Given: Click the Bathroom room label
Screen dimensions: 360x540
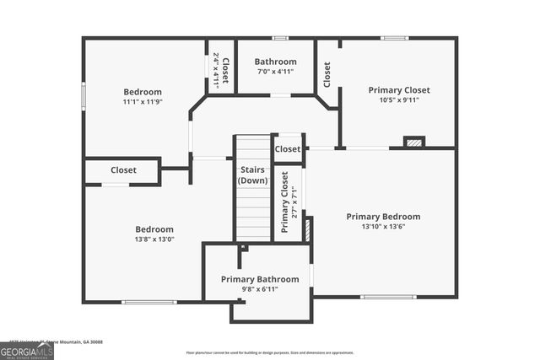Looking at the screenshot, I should pos(276,62).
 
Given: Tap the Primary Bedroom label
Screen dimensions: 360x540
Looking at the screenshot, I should pos(383,217).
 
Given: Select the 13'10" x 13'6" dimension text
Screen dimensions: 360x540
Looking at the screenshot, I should pos(383,227).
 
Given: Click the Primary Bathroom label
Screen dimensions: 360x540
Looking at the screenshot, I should pos(260,279).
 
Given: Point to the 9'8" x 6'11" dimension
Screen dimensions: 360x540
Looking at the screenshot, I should pos(260,289).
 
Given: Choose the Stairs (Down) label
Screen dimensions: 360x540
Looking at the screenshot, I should pos(252,175).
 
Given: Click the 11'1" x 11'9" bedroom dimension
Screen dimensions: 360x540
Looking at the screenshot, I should pos(143,102).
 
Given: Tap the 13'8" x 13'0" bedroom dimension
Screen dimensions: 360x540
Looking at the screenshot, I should pos(154,239).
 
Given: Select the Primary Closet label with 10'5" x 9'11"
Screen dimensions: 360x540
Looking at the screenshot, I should pos(399,89).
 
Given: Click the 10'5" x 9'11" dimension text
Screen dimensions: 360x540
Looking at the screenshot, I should pos(399,99).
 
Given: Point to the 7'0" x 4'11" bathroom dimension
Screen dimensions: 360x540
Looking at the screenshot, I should pos(276,72).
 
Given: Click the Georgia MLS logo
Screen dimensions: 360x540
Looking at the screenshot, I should pos(27,350).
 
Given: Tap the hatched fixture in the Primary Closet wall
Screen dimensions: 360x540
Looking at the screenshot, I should pos(413,142).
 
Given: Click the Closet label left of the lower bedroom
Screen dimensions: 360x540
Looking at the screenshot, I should pos(123,170).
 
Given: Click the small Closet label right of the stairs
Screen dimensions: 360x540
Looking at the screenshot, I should pos(288,149).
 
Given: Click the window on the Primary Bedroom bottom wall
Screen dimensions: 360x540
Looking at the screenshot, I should pos(388,297).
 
